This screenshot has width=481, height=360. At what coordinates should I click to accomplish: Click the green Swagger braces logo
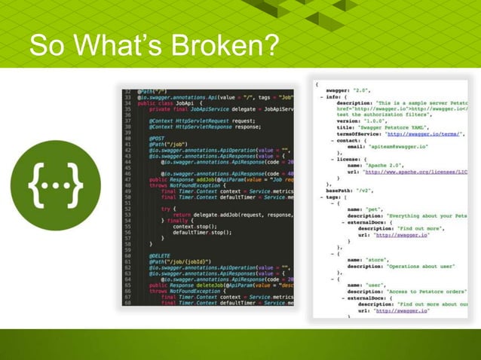[x=55, y=185]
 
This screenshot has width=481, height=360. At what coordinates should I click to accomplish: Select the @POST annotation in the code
[x=158, y=138]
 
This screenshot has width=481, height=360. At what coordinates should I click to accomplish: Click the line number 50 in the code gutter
[x=129, y=197]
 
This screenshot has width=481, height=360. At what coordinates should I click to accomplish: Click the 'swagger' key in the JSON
[x=341, y=89]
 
